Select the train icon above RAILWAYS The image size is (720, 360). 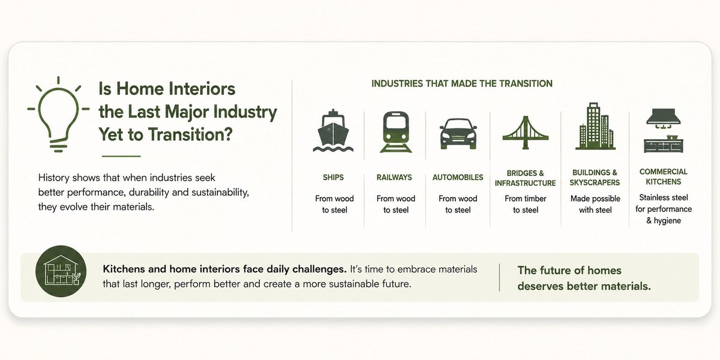click(395, 132)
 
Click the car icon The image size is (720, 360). click(458, 134)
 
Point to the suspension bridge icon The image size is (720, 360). click(526, 133)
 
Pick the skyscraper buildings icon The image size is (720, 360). click(595, 127)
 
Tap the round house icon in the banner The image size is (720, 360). click(61, 271)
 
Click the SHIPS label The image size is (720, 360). click(334, 178)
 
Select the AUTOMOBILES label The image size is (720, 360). click(458, 178)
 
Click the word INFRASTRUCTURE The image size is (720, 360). click(525, 183)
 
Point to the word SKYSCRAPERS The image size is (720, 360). click(595, 182)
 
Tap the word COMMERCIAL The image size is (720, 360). click(664, 172)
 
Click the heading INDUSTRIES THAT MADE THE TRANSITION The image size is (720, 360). click(462, 83)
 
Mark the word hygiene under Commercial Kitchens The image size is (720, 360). click(667, 221)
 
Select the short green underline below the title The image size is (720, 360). click(121, 156)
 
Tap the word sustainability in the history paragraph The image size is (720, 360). click(220, 193)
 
